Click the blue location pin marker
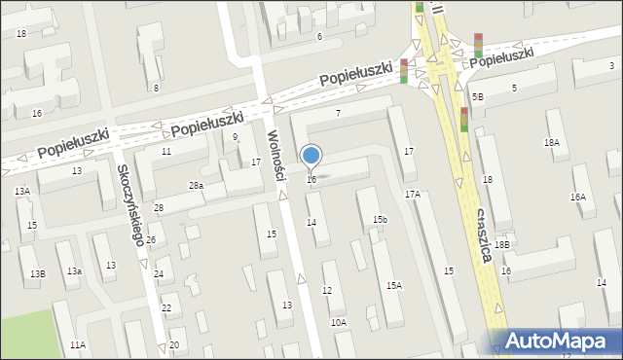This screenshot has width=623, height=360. point(311,156)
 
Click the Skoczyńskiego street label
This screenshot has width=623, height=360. point(130,204)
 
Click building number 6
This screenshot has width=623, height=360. point(319,36)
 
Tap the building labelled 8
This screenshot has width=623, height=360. point(156,88)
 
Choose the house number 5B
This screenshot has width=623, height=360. point(478,97)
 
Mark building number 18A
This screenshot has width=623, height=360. point(552,142)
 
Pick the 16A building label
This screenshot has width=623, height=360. point(578,198)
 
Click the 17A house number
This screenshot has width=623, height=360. point(413,195)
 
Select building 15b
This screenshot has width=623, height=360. point(380,220)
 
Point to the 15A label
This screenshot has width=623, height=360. point(394,285)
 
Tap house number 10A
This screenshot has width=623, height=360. point(338,322)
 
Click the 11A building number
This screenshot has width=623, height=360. point(78,344)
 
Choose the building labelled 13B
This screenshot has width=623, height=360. point(37,274)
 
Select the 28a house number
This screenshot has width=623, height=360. point(196,185)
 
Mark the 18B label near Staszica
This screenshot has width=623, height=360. point(501,245)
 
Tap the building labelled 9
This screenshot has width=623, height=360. point(235,137)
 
